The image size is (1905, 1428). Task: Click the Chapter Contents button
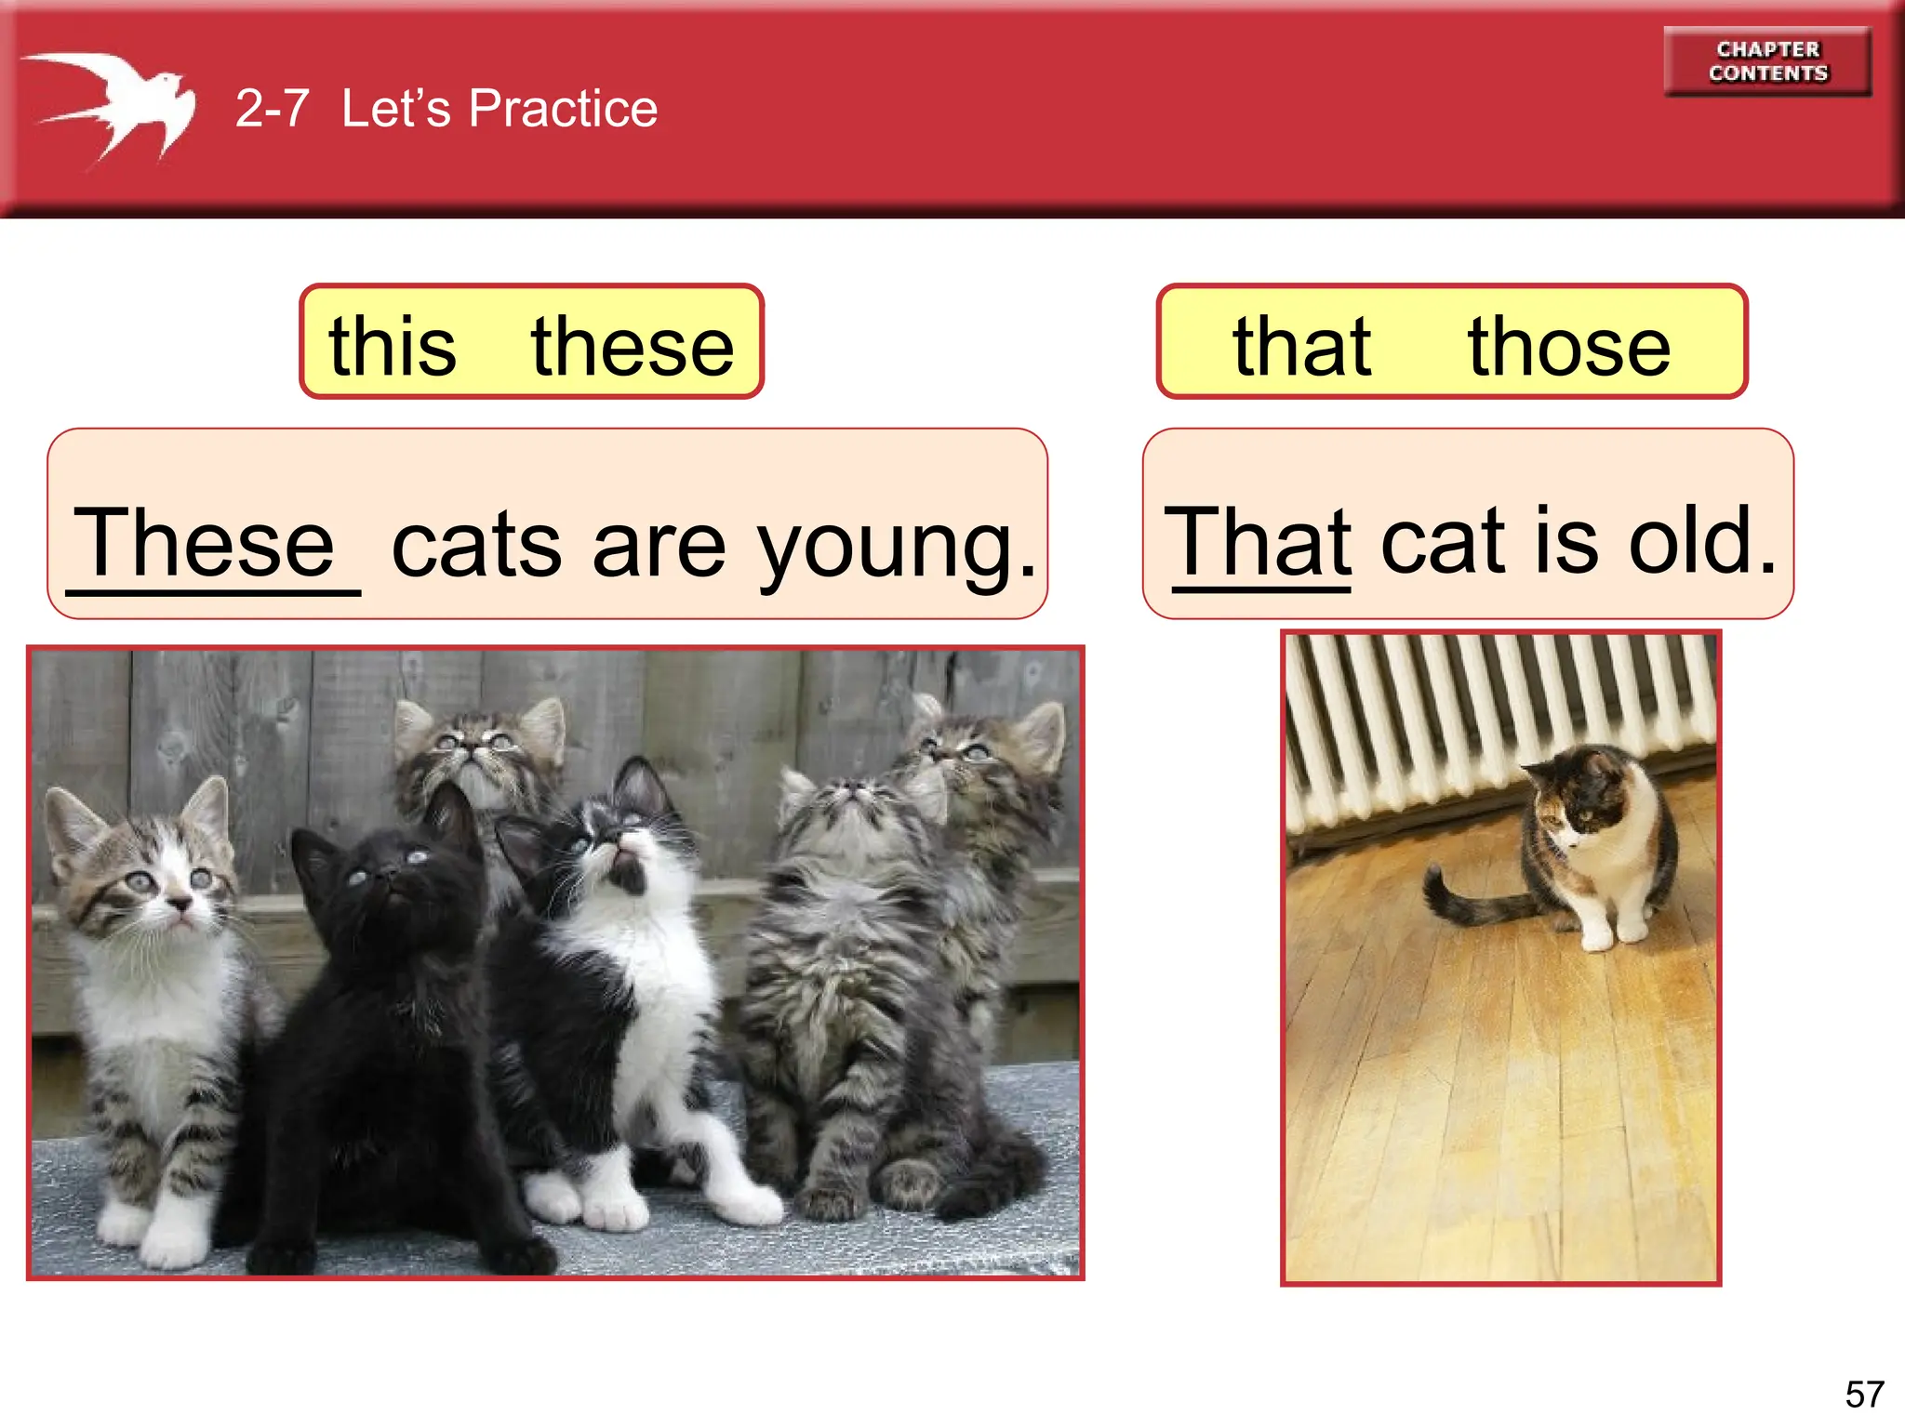tap(1767, 61)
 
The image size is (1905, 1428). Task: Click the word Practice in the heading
tap(563, 109)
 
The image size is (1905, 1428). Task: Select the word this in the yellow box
tap(393, 347)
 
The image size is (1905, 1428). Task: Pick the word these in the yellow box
tap(633, 347)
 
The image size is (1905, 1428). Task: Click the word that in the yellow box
tap(1301, 347)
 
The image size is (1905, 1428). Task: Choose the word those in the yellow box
tap(1569, 347)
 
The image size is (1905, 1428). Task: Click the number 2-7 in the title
tap(272, 109)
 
